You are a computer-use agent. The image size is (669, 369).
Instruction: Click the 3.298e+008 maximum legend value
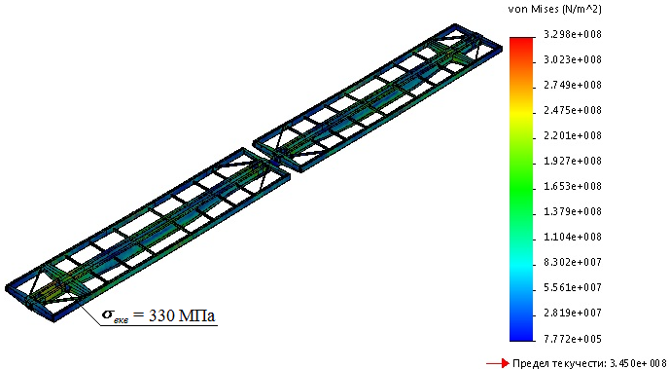(x=573, y=35)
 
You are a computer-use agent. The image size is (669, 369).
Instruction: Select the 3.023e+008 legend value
(x=573, y=59)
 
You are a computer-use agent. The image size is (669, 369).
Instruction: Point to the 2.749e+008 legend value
(x=573, y=85)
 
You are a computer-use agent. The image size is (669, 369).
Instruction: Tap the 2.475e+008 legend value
(x=573, y=111)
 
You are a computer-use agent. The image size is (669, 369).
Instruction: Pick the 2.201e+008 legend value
(x=573, y=135)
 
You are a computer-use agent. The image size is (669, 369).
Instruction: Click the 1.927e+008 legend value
(x=573, y=161)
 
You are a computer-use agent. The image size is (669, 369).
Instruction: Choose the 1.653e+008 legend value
(x=573, y=187)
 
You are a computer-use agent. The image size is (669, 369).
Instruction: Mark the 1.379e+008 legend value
(x=573, y=212)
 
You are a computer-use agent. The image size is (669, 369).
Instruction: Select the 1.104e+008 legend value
(x=573, y=237)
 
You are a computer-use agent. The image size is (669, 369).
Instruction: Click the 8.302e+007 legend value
(x=573, y=262)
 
